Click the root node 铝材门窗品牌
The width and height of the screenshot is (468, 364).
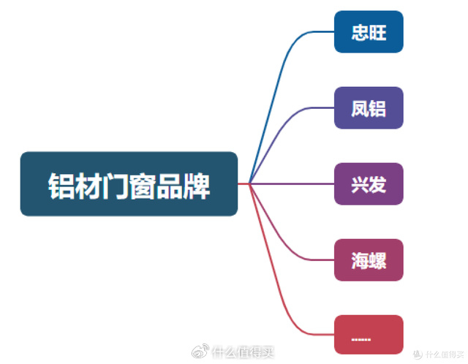click(129, 183)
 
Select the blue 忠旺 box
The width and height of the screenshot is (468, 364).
click(369, 32)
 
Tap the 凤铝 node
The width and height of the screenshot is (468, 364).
click(369, 108)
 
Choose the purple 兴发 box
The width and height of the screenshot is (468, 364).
click(369, 183)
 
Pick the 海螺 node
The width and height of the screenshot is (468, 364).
click(369, 259)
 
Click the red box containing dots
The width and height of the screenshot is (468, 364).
click(369, 335)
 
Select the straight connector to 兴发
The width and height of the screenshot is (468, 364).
click(292, 183)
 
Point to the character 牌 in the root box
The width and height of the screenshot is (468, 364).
click(196, 186)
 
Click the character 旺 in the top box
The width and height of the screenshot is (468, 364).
click(378, 33)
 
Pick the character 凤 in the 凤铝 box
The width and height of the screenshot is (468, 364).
click(360, 109)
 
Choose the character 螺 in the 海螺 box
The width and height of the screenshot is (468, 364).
click(378, 260)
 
